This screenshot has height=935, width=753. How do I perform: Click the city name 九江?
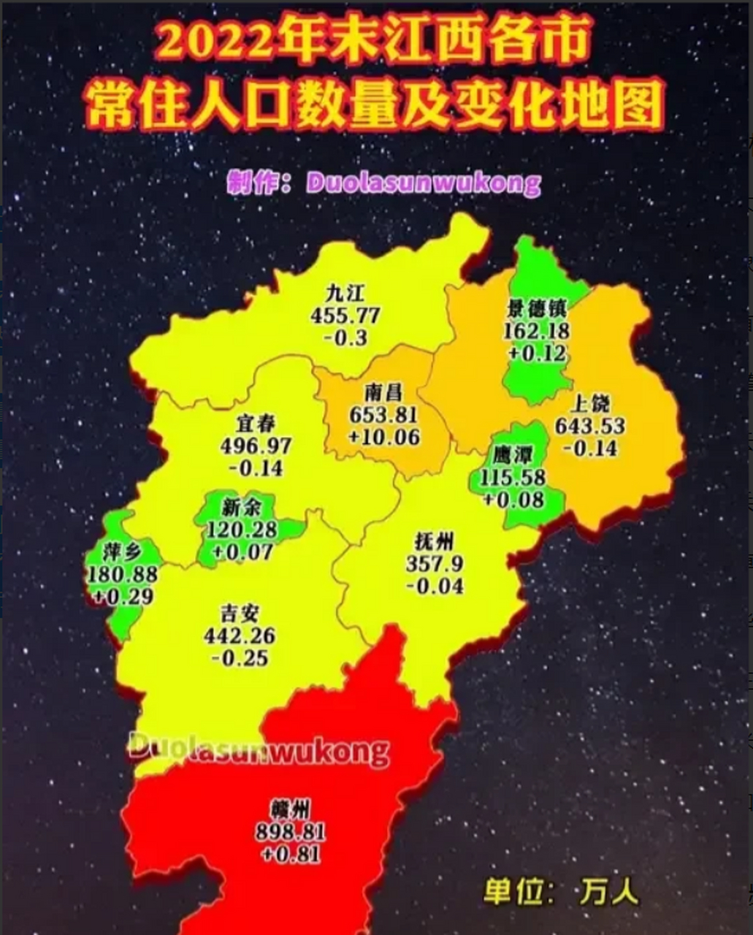pyautogui.click(x=345, y=294)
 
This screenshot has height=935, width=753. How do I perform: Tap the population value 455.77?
pyautogui.click(x=345, y=316)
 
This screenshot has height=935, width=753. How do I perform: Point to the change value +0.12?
pyautogui.click(x=537, y=354)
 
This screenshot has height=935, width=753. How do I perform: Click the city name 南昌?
pyautogui.click(x=383, y=393)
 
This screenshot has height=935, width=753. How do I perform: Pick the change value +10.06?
pyautogui.click(x=383, y=437)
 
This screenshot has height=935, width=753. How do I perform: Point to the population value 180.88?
pyautogui.click(x=122, y=574)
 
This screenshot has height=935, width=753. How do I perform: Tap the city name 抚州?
pyautogui.click(x=435, y=541)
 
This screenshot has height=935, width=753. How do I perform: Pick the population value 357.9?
pyautogui.click(x=435, y=563)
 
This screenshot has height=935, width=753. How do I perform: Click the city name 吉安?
pyautogui.click(x=240, y=614)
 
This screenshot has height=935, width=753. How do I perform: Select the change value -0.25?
pyautogui.click(x=240, y=657)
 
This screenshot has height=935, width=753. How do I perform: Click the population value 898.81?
pyautogui.click(x=290, y=831)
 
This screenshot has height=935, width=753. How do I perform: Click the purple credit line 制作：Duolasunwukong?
pyautogui.click(x=384, y=183)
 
